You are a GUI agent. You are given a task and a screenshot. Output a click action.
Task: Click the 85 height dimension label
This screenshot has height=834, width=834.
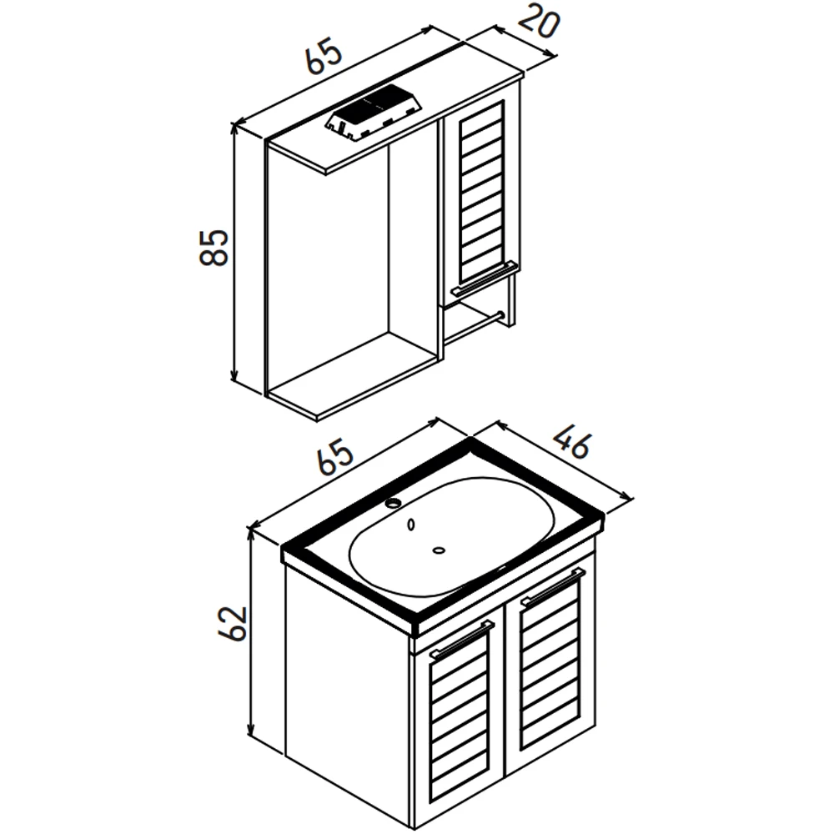pyautogui.click(x=214, y=248)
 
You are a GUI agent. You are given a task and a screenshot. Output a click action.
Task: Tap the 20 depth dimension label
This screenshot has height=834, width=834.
pyautogui.click(x=539, y=23)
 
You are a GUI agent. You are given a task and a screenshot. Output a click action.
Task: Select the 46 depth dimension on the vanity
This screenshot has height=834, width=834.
pyautogui.click(x=572, y=443)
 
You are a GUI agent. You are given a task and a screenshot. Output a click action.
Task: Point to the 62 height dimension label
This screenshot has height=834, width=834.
pyautogui.click(x=233, y=623)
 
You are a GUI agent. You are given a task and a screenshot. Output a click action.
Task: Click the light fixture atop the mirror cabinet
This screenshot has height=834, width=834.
pyautogui.click(x=375, y=113)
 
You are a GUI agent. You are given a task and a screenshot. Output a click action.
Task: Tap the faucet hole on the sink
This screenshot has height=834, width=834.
pyautogui.click(x=394, y=502)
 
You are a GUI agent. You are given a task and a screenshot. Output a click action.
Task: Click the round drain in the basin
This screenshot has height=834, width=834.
pyautogui.click(x=439, y=550)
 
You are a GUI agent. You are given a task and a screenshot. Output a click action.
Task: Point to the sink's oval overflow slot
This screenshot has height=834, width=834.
pyautogui.click(x=410, y=525)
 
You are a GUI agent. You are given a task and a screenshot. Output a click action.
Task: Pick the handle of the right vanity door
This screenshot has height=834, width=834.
pyautogui.click(x=553, y=586)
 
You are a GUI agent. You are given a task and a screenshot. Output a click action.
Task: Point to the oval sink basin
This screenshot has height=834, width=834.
pyautogui.click(x=453, y=537)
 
